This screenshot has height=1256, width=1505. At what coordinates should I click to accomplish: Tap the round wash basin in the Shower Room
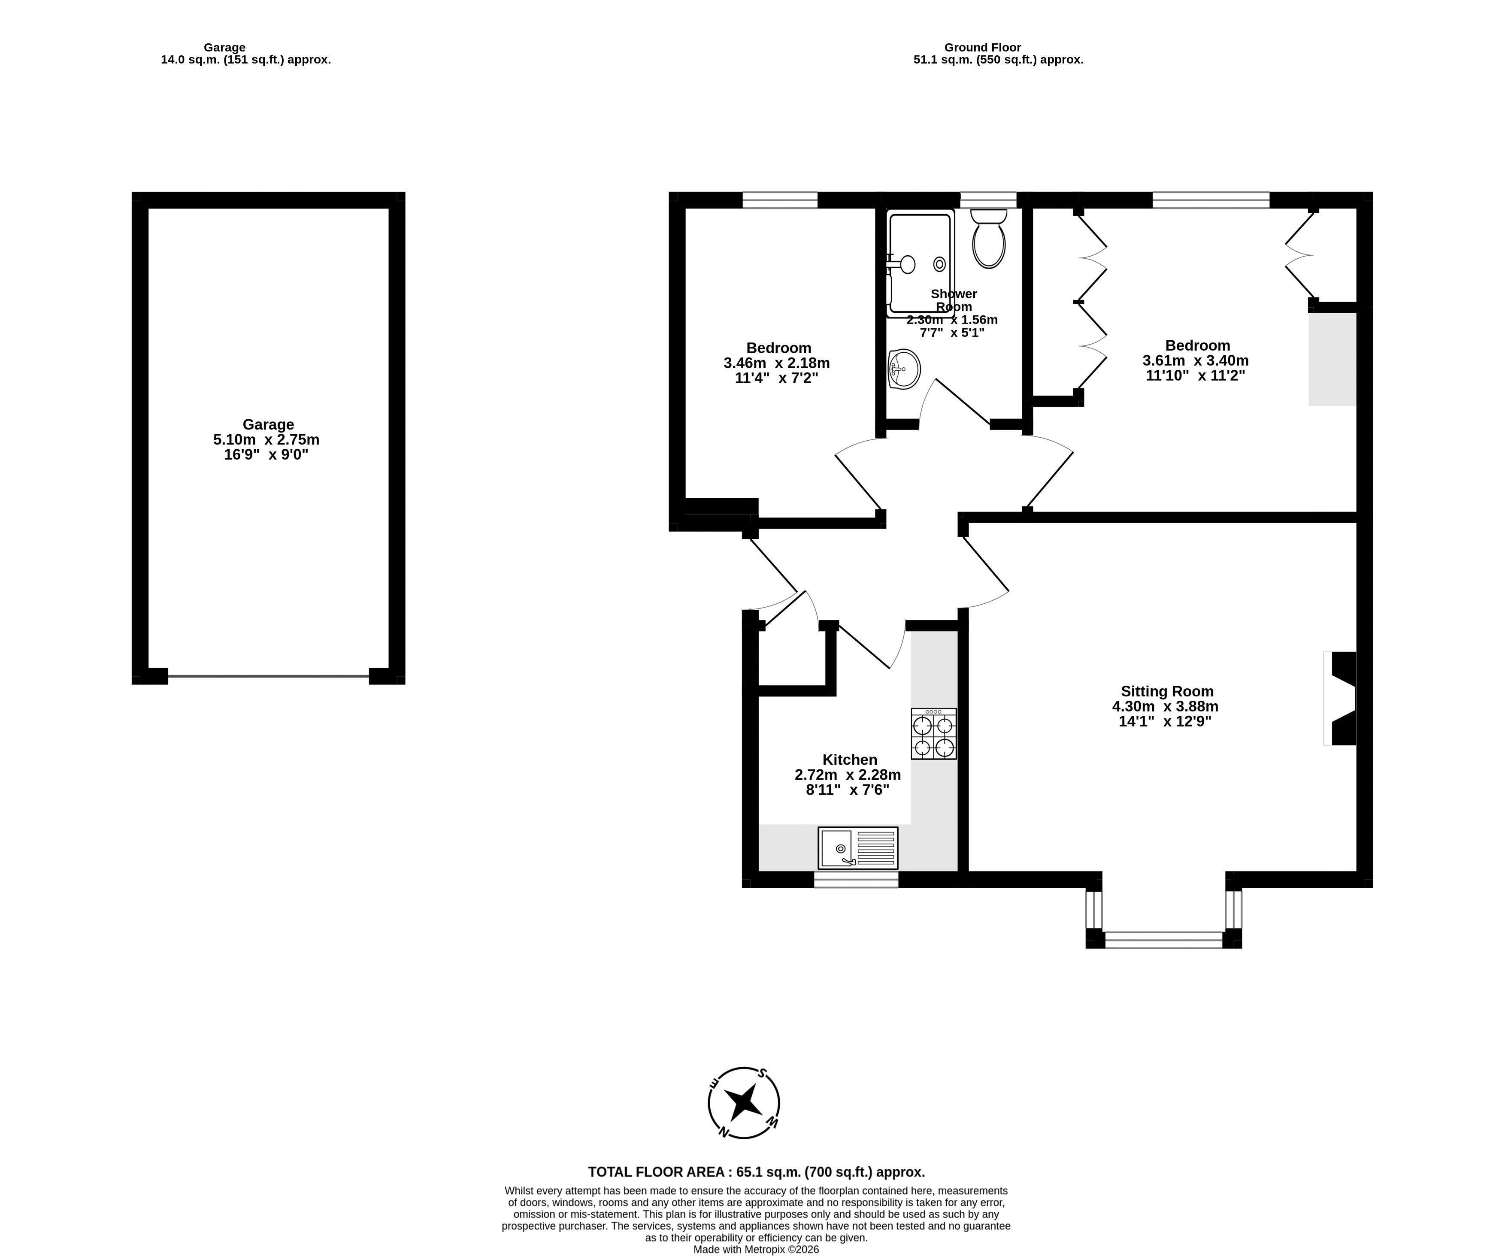click(x=904, y=369)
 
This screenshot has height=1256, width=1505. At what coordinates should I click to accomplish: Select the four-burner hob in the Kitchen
click(x=934, y=734)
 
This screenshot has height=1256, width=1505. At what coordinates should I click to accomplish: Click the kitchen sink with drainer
click(x=858, y=848)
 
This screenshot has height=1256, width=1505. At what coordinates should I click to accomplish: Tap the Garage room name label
click(x=268, y=424)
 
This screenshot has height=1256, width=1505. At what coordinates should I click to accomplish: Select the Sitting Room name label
click(x=1167, y=691)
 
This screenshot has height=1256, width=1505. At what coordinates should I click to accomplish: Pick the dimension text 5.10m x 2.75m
click(x=266, y=439)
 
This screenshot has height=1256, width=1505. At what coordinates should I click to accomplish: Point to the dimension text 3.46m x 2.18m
click(x=777, y=363)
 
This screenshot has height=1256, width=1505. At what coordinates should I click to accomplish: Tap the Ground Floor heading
click(x=983, y=47)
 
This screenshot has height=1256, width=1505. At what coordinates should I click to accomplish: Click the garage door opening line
click(x=268, y=676)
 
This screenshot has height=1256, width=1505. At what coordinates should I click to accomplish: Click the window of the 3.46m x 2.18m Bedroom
click(x=780, y=200)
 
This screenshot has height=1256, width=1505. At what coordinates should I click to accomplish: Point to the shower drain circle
click(x=939, y=263)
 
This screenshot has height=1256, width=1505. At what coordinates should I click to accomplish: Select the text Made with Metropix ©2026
click(x=756, y=1250)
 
